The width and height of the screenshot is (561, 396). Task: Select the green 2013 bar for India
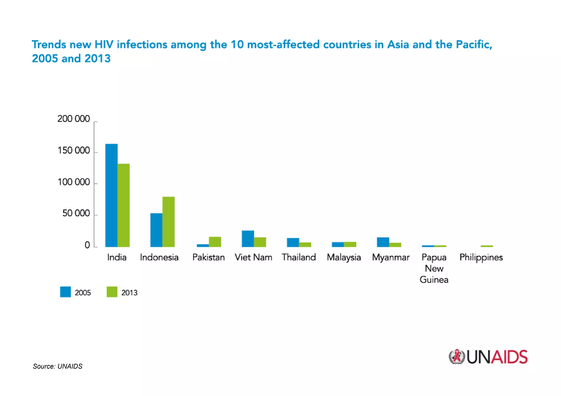124,205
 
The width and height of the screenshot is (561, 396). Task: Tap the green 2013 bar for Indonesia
168,222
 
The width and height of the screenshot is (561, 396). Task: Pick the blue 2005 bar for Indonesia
156,230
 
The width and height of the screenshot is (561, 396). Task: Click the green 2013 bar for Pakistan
215,242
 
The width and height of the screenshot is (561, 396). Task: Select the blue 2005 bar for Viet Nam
248,239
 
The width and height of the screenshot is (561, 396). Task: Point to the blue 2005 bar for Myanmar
383,242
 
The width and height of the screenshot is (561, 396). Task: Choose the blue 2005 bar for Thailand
293,242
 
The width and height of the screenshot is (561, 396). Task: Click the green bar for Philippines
486,246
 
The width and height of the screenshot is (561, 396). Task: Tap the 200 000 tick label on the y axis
73,119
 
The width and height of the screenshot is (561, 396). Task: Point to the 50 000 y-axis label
76,213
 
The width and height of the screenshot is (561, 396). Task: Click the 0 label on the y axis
87,245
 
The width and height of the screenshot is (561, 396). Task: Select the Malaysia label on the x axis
344,258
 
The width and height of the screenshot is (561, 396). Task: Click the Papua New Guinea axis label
434,268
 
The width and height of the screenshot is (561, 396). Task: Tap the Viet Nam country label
253,258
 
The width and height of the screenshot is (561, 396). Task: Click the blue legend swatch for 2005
65,292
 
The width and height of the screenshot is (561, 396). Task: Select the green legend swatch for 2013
112,292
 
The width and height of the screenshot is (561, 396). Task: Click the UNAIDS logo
488,357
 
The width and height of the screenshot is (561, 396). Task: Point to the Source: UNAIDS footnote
58,366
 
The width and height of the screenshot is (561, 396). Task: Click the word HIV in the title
104,44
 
